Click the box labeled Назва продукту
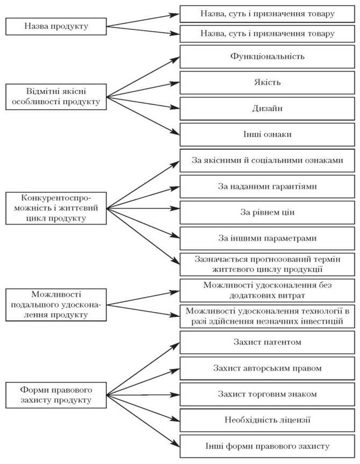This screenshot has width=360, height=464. point(56,27)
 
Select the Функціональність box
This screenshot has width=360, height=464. point(267,56)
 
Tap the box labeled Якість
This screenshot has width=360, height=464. point(267,82)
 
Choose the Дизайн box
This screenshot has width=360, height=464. point(267,109)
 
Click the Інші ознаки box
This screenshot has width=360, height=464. point(267,135)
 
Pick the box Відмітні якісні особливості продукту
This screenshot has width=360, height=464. point(56,97)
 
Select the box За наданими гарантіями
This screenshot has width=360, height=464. point(267,186)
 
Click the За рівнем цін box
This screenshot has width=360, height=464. point(267,212)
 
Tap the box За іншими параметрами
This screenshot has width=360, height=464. point(267,238)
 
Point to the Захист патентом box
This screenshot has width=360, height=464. point(267,342)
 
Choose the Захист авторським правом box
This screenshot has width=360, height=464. point(267,368)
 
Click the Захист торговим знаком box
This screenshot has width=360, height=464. point(267,394)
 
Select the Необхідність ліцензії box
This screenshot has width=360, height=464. point(267,420)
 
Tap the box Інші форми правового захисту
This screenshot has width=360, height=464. point(267,446)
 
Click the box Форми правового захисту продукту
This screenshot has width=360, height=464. point(56,395)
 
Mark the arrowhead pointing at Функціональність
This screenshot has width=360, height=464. point(176,59)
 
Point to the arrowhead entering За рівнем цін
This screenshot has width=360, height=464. point(176,209)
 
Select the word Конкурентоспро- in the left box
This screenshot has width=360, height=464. point(56,198)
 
